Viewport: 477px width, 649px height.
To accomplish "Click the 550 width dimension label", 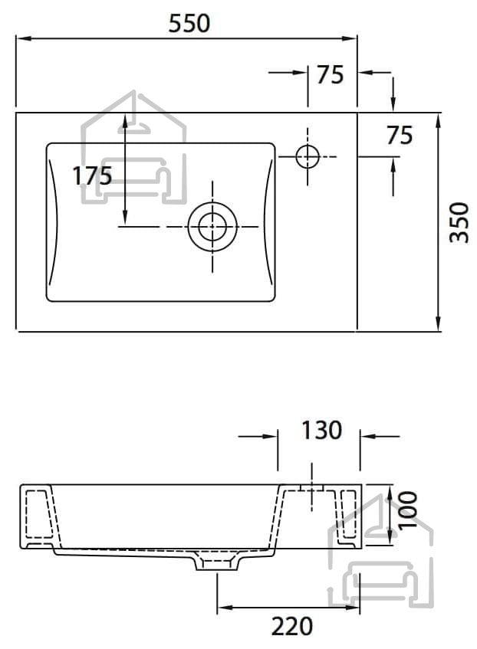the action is [189, 23].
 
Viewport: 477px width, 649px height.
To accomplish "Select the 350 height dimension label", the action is [459, 222].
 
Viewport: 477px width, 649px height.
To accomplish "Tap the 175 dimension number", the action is [92, 175].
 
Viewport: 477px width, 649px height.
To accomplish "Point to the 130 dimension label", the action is [321, 430].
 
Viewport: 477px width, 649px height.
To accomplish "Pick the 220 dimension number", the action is [292, 626].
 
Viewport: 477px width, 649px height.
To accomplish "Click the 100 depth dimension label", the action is [408, 510].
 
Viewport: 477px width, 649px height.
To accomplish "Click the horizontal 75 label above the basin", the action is [331, 75].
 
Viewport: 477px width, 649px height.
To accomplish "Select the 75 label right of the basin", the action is [400, 136].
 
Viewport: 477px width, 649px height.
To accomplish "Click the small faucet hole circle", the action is [308, 156].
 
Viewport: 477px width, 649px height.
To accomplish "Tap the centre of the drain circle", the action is [212, 227].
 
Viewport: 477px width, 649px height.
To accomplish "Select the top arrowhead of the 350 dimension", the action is [439, 121].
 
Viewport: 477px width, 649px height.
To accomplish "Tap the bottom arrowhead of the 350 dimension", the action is [439, 323].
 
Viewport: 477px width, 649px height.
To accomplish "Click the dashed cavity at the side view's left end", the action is [40, 513].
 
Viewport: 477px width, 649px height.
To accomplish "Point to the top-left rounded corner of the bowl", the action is [50, 146].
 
